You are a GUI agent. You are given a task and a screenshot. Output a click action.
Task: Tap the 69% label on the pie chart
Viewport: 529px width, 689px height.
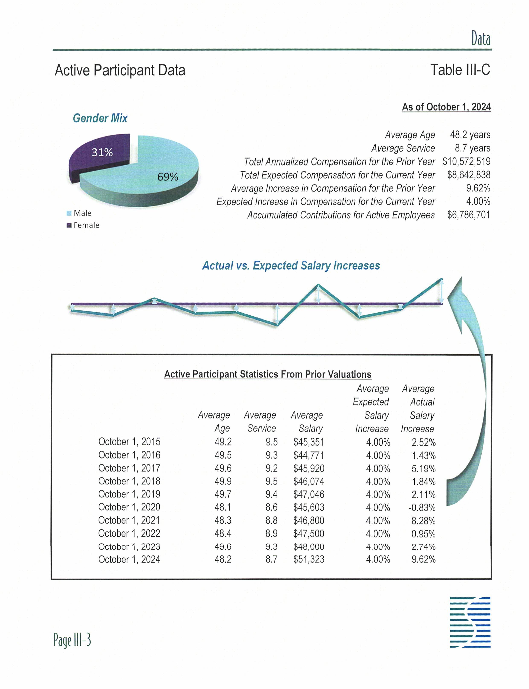[168, 177]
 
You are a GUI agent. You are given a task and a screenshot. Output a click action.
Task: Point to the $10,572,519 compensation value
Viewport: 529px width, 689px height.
[466, 162]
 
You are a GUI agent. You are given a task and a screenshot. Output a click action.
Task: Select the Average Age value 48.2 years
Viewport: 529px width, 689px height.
[470, 135]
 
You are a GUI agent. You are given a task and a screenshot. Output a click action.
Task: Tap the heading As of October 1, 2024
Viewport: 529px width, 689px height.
[446, 107]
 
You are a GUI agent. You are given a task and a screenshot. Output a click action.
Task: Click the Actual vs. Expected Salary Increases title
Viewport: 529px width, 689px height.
[291, 265]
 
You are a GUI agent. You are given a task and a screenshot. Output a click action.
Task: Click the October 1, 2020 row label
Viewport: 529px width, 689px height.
[129, 507]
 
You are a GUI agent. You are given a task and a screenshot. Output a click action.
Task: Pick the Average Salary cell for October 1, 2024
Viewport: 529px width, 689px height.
[309, 559]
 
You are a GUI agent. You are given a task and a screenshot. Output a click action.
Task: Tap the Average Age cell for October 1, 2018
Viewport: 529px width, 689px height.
[223, 481]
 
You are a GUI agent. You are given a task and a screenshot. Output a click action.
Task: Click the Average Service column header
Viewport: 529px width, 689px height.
[260, 422]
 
